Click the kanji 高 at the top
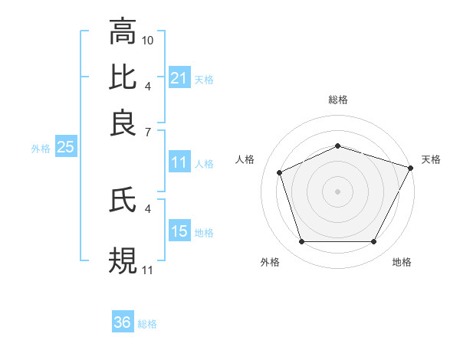122,31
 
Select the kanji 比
122,77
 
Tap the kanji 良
122,123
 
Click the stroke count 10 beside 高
148,40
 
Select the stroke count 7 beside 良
147,132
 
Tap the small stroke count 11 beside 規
148,270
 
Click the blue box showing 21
179,78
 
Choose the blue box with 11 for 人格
179,162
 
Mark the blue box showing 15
179,231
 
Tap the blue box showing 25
65,147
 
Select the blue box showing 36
122,322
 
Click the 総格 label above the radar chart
337,100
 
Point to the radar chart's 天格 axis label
431,159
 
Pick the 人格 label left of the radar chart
245,159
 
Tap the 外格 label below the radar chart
270,262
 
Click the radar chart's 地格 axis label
402,262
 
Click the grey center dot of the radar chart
337,191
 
